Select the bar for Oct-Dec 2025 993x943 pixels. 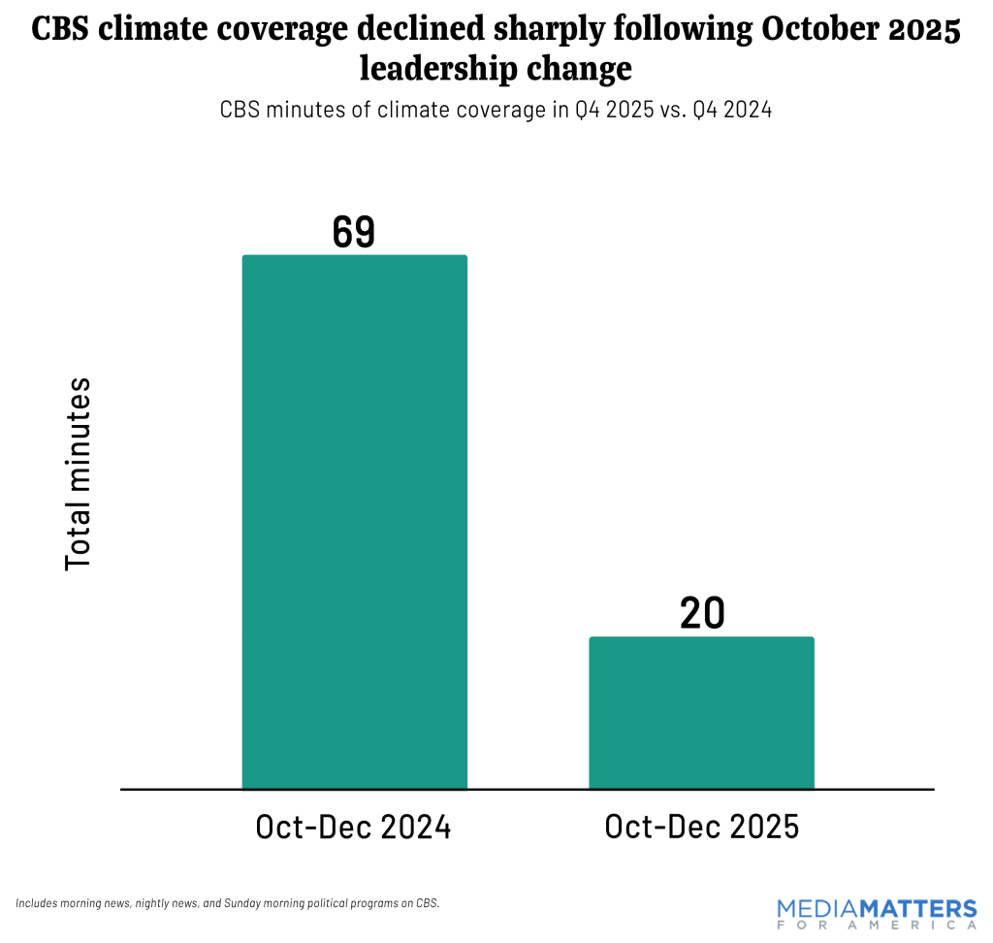pos(701,712)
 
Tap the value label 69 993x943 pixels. pos(353,232)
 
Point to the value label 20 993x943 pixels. pos(702,613)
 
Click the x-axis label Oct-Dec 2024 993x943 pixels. pos(353,828)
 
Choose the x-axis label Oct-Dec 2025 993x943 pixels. pos(701,828)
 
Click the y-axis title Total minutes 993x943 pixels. pos(78,473)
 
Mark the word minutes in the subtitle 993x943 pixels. pos(308,110)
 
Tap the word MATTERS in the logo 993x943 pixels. pos(922,910)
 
